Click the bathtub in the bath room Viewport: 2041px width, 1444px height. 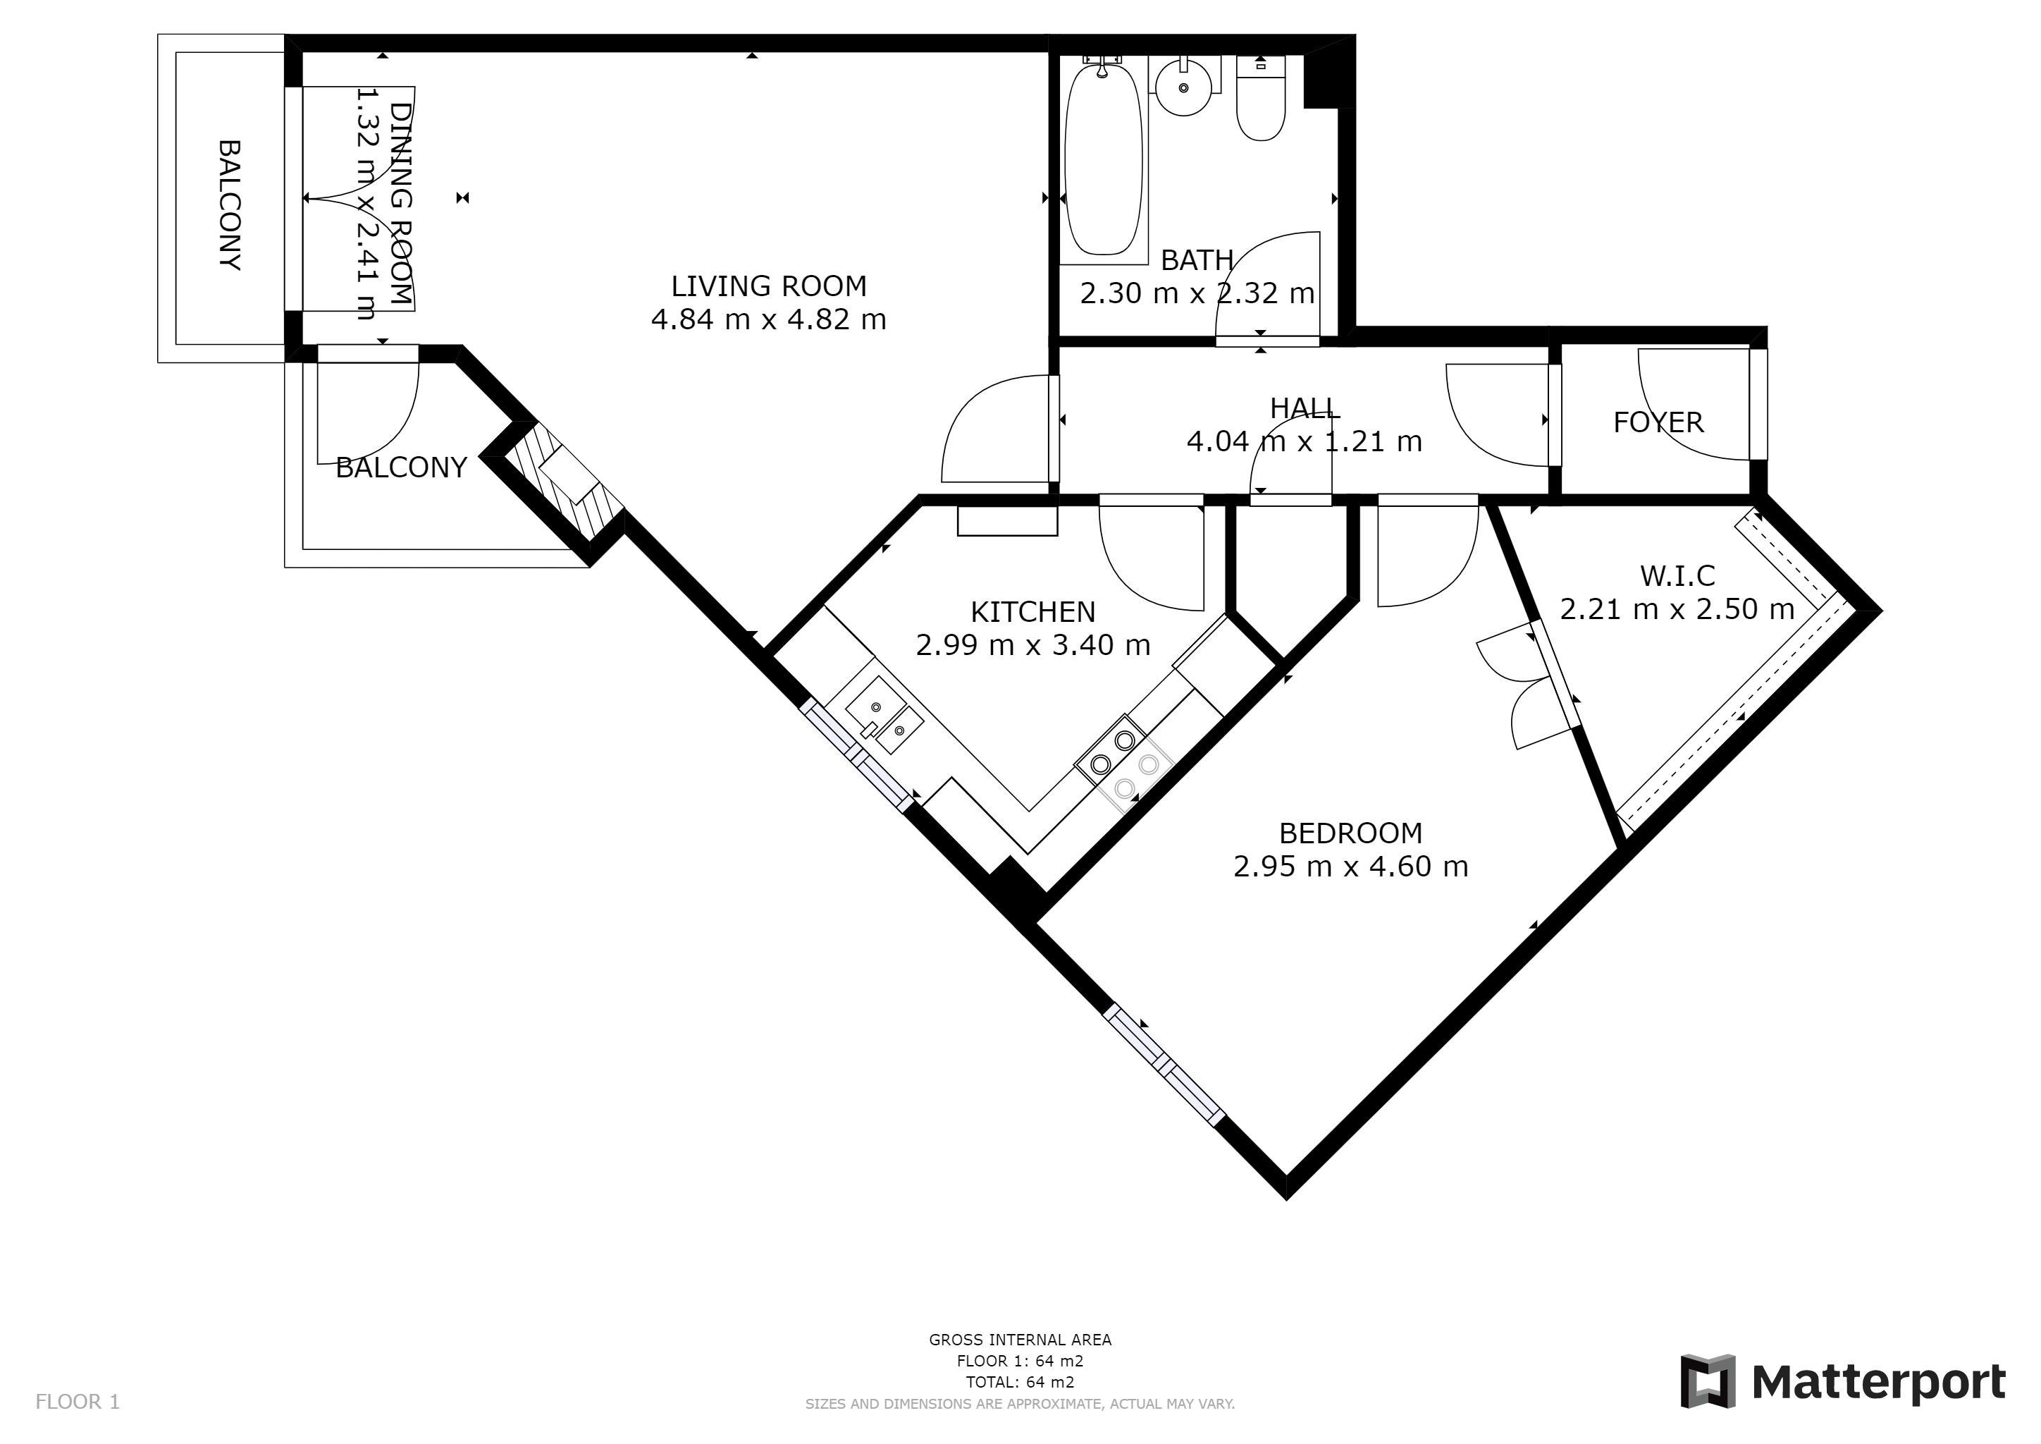pos(1102,160)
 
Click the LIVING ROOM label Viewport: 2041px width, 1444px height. pos(768,286)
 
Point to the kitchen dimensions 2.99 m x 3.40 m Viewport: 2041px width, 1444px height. pos(1033,644)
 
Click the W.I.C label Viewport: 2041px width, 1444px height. pos(1677,576)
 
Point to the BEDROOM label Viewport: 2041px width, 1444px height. pos(1350,833)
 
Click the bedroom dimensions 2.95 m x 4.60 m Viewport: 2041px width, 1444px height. pos(1350,866)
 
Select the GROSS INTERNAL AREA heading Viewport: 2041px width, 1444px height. pos(1020,1340)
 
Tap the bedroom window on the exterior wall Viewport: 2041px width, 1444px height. pos(1164,1066)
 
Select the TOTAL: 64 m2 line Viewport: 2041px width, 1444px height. pos(1020,1383)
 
